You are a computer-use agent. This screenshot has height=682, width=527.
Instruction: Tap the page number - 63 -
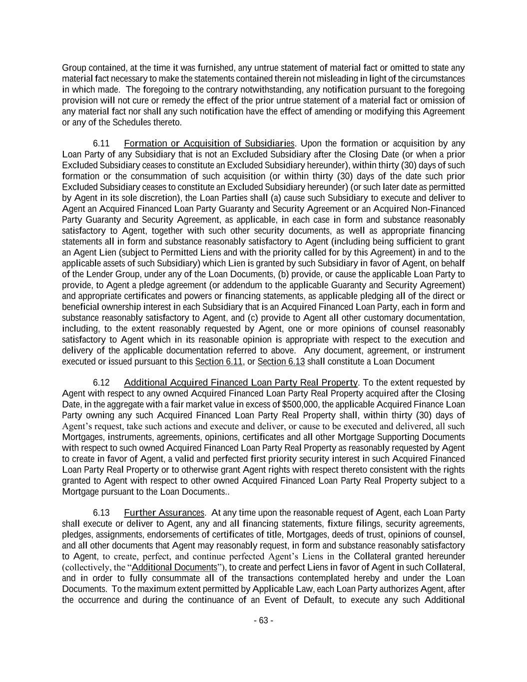click(263, 621)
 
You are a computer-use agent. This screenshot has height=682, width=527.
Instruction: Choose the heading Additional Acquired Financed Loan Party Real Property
click(241, 383)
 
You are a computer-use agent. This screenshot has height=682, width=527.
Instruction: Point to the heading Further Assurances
click(164, 513)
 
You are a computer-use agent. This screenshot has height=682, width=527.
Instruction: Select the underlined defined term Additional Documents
click(174, 567)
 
